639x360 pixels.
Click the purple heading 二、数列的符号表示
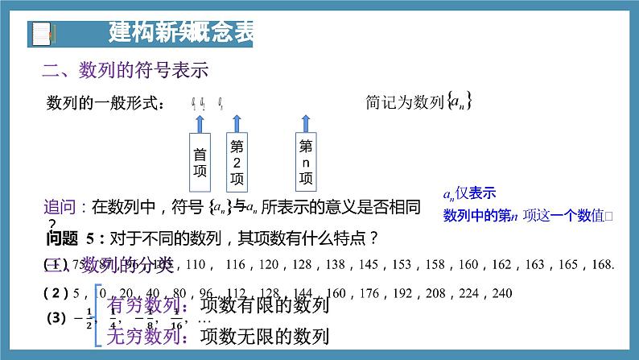click(x=126, y=71)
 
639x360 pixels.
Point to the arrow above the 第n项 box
click(x=306, y=122)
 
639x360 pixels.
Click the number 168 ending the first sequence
click(x=604, y=263)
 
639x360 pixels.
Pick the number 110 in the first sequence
click(x=196, y=263)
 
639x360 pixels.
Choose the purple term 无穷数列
click(x=140, y=336)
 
